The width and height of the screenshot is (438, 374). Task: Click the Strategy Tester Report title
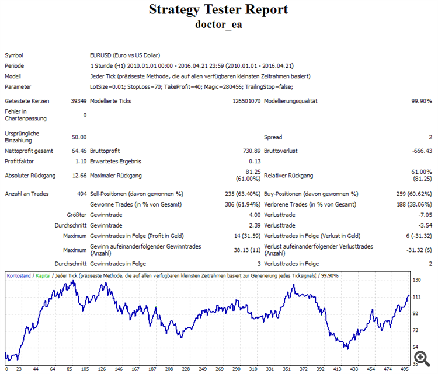pyautogui.click(x=218, y=10)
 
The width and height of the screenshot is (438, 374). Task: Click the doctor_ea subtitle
pyautogui.click(x=218, y=25)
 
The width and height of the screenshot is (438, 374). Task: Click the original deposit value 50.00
pyautogui.click(x=79, y=137)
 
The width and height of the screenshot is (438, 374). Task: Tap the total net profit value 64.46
pyautogui.click(x=79, y=151)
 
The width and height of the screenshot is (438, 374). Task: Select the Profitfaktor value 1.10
pyautogui.click(x=80, y=161)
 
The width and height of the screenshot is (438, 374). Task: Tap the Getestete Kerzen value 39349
pyautogui.click(x=78, y=101)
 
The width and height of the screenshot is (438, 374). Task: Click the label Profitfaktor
pyautogui.click(x=20, y=161)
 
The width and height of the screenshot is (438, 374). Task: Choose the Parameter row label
pyautogui.click(x=18, y=86)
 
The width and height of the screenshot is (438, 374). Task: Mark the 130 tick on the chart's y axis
pyautogui.click(x=417, y=281)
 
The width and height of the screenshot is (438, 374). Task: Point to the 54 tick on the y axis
pyautogui.click(x=416, y=348)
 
